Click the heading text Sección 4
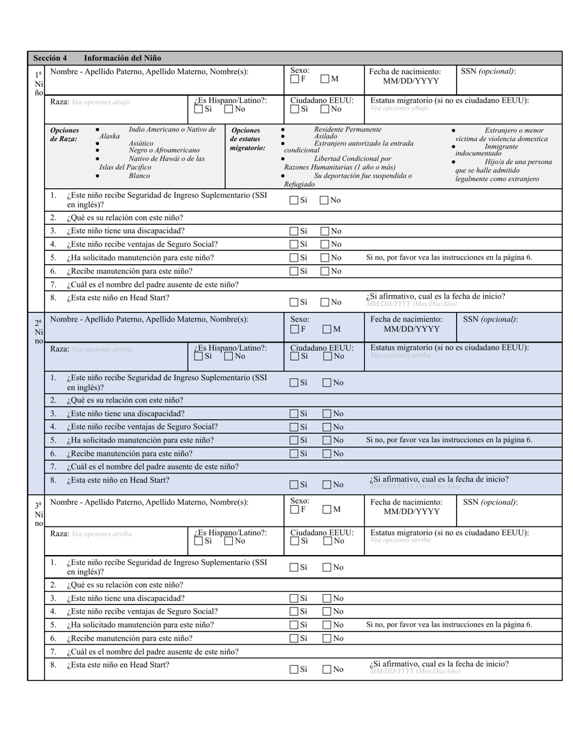(x=50, y=58)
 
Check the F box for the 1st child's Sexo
(x=294, y=78)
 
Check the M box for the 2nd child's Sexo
(x=326, y=329)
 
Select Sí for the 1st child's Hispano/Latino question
(x=198, y=109)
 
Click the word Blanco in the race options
(x=140, y=176)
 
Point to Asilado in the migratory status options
(x=326, y=137)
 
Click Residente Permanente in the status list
(x=347, y=129)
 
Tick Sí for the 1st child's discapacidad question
(x=294, y=230)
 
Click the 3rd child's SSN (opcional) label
(x=490, y=502)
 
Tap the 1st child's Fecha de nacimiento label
(x=405, y=71)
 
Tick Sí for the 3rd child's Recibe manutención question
(x=294, y=638)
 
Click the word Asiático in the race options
(x=141, y=144)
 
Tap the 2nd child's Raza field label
(x=59, y=349)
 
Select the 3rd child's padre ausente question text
(x=152, y=652)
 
